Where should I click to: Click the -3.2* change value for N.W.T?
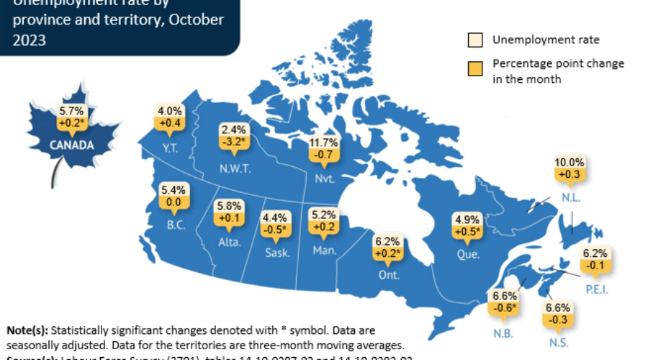[x=233, y=142]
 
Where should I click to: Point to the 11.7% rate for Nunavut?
[x=320, y=143]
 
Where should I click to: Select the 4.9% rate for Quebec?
[x=463, y=219]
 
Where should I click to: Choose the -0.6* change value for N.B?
[x=504, y=307]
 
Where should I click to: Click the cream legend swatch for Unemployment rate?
[x=475, y=40]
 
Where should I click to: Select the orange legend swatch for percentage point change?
[x=475, y=71]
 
